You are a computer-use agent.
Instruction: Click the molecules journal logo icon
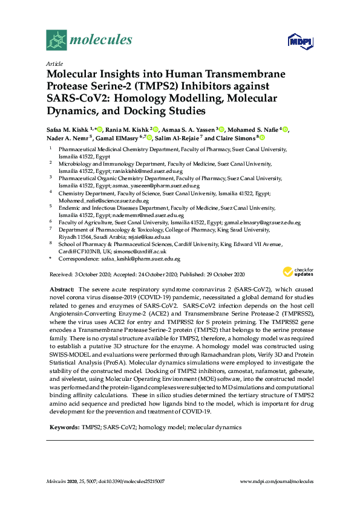pos(56,41)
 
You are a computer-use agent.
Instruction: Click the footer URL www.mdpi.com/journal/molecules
pos(276,482)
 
